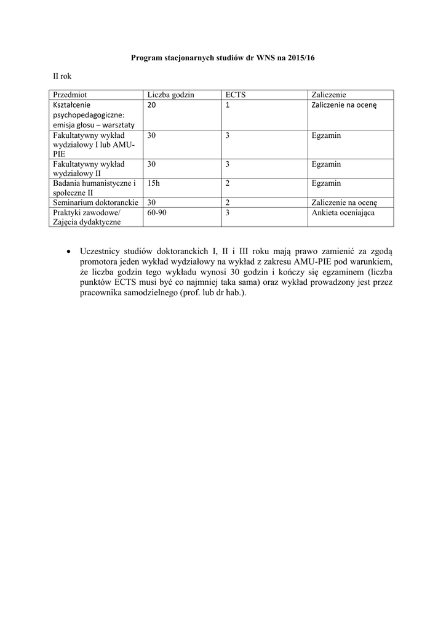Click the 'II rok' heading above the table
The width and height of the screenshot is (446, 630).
pyautogui.click(x=62, y=76)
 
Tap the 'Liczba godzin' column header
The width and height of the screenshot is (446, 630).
pyautogui.click(x=170, y=95)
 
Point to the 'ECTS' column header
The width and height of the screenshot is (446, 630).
pyautogui.click(x=236, y=95)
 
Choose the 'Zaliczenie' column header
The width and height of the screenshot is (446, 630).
pyautogui.click(x=329, y=95)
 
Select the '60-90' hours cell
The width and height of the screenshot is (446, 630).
pyautogui.click(x=157, y=212)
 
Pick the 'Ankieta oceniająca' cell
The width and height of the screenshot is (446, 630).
pyautogui.click(x=343, y=212)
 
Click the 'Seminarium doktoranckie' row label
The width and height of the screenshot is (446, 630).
pyautogui.click(x=95, y=202)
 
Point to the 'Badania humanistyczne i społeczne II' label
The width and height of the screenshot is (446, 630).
pyautogui.click(x=94, y=188)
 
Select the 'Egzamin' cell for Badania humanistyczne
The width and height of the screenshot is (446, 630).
pyautogui.click(x=326, y=183)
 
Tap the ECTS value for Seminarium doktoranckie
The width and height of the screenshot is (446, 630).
pyautogui.click(x=228, y=202)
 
